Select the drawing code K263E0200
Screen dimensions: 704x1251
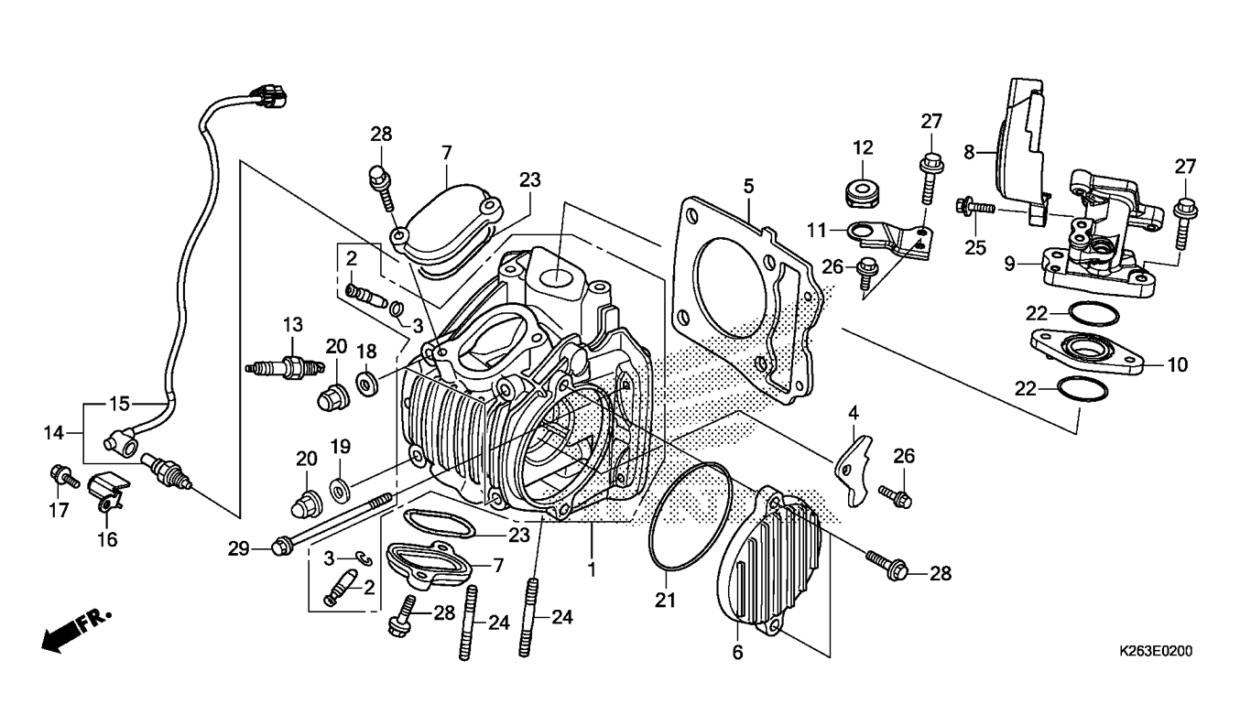[x=1155, y=652]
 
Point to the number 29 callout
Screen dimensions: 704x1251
[x=238, y=548]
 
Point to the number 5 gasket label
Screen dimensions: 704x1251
[x=748, y=186]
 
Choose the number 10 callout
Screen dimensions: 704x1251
[x=1177, y=365]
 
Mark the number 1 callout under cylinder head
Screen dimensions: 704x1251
[x=593, y=568]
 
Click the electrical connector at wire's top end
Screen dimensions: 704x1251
[x=272, y=94]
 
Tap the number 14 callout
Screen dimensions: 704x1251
[x=54, y=429]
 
